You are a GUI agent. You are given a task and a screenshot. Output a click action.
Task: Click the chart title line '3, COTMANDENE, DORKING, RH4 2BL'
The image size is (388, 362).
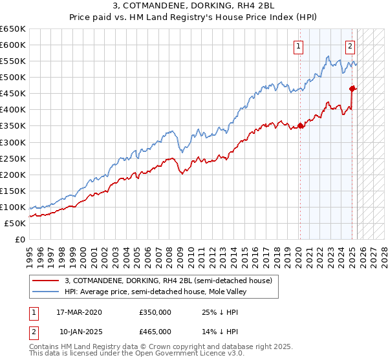click(x=194, y=7)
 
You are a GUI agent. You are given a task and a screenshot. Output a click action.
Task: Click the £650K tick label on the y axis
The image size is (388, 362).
click(x=13, y=29)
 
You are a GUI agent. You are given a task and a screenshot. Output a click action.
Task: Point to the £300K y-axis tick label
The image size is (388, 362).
click(x=13, y=142)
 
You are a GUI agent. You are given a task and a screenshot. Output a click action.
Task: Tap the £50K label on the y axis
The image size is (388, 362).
click(x=15, y=223)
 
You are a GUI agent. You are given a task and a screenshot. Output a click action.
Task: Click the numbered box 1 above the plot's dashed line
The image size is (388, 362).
click(x=299, y=46)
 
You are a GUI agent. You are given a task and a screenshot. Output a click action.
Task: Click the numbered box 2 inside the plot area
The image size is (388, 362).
click(x=350, y=46)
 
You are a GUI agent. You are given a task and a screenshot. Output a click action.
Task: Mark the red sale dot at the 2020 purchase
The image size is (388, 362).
click(x=301, y=125)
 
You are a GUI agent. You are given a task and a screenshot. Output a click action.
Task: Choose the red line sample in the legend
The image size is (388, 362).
click(x=47, y=281)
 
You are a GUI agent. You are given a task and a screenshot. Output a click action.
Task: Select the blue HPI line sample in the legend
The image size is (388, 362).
click(x=47, y=292)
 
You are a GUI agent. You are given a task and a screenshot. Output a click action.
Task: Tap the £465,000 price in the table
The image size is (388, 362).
click(x=155, y=331)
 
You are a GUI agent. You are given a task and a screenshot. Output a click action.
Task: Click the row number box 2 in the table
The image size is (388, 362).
click(x=33, y=331)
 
